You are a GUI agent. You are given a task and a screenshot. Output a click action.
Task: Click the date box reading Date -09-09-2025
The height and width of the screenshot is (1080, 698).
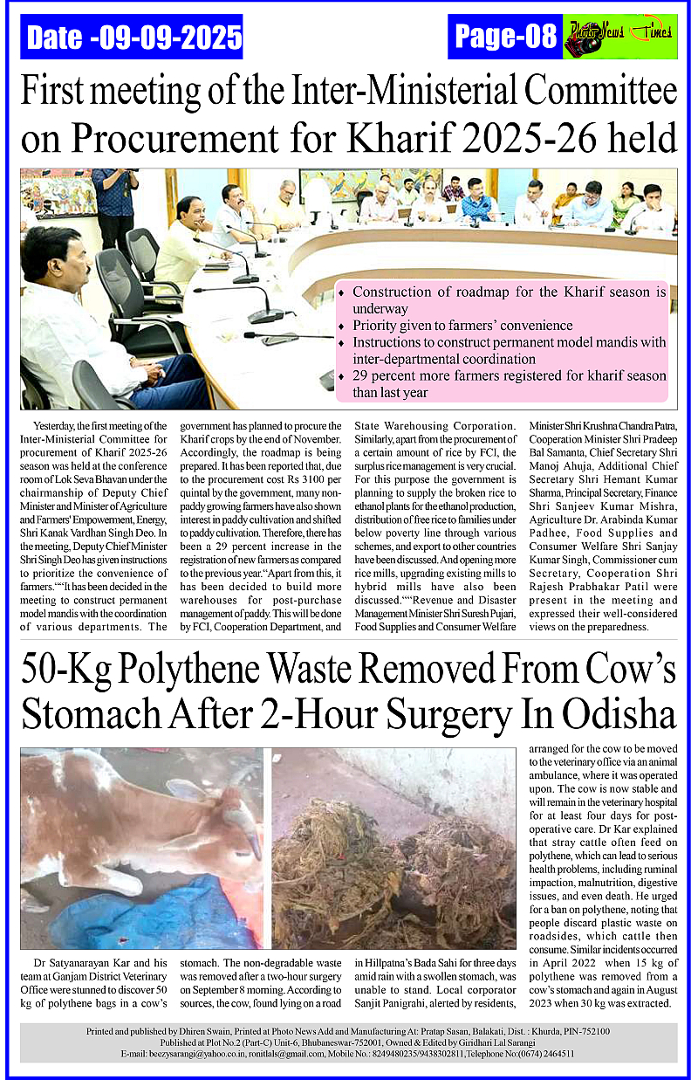tap(132, 38)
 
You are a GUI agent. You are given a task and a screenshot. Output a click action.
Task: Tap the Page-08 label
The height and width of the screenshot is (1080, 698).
tap(505, 36)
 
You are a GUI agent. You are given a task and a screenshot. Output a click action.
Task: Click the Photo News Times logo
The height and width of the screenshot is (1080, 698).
tap(619, 36)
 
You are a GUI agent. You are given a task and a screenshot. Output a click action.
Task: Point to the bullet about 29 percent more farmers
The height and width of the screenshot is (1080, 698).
tap(510, 384)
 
